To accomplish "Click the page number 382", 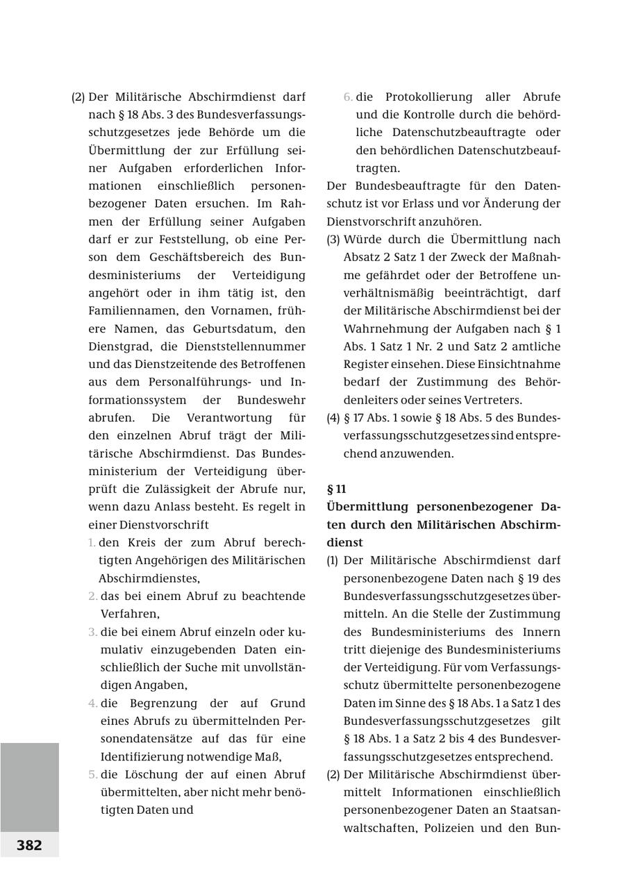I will [x=29, y=845].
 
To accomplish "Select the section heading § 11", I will [x=337, y=489].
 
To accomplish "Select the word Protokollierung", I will [x=428, y=97].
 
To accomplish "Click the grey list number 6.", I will [x=348, y=97].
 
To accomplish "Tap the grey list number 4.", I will [x=92, y=703].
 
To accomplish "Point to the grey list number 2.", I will [x=92, y=596].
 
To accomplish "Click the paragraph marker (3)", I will [x=333, y=240].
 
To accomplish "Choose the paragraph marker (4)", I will [x=333, y=418].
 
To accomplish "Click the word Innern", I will [x=542, y=632].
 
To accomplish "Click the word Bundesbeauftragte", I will [x=408, y=186].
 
